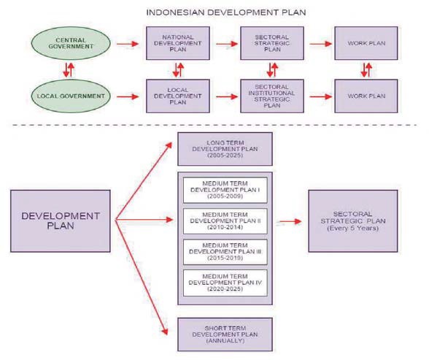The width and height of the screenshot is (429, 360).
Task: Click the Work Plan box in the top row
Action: [366, 44]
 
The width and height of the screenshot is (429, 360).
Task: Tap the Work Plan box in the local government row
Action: [366, 95]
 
